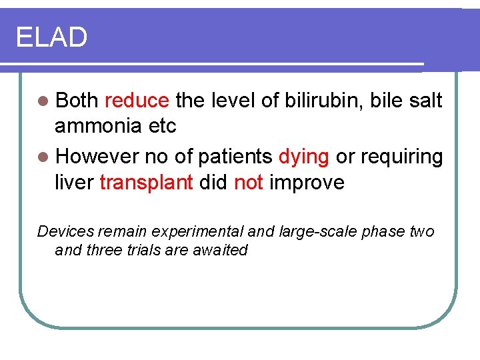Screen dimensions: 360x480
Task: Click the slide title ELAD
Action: pyautogui.click(x=51, y=37)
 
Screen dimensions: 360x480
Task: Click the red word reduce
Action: pyautogui.click(x=137, y=101)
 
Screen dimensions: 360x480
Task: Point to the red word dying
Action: pyautogui.click(x=303, y=157)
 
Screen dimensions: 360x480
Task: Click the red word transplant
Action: pyautogui.click(x=146, y=182)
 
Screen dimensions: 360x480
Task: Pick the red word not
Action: pyautogui.click(x=249, y=182)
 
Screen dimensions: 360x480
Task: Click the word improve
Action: pyautogui.click(x=307, y=182)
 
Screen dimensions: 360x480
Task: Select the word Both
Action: pyautogui.click(x=77, y=101)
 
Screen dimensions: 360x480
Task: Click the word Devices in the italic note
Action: pyautogui.click(x=65, y=232)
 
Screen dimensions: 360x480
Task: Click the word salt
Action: pyautogui.click(x=425, y=101)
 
